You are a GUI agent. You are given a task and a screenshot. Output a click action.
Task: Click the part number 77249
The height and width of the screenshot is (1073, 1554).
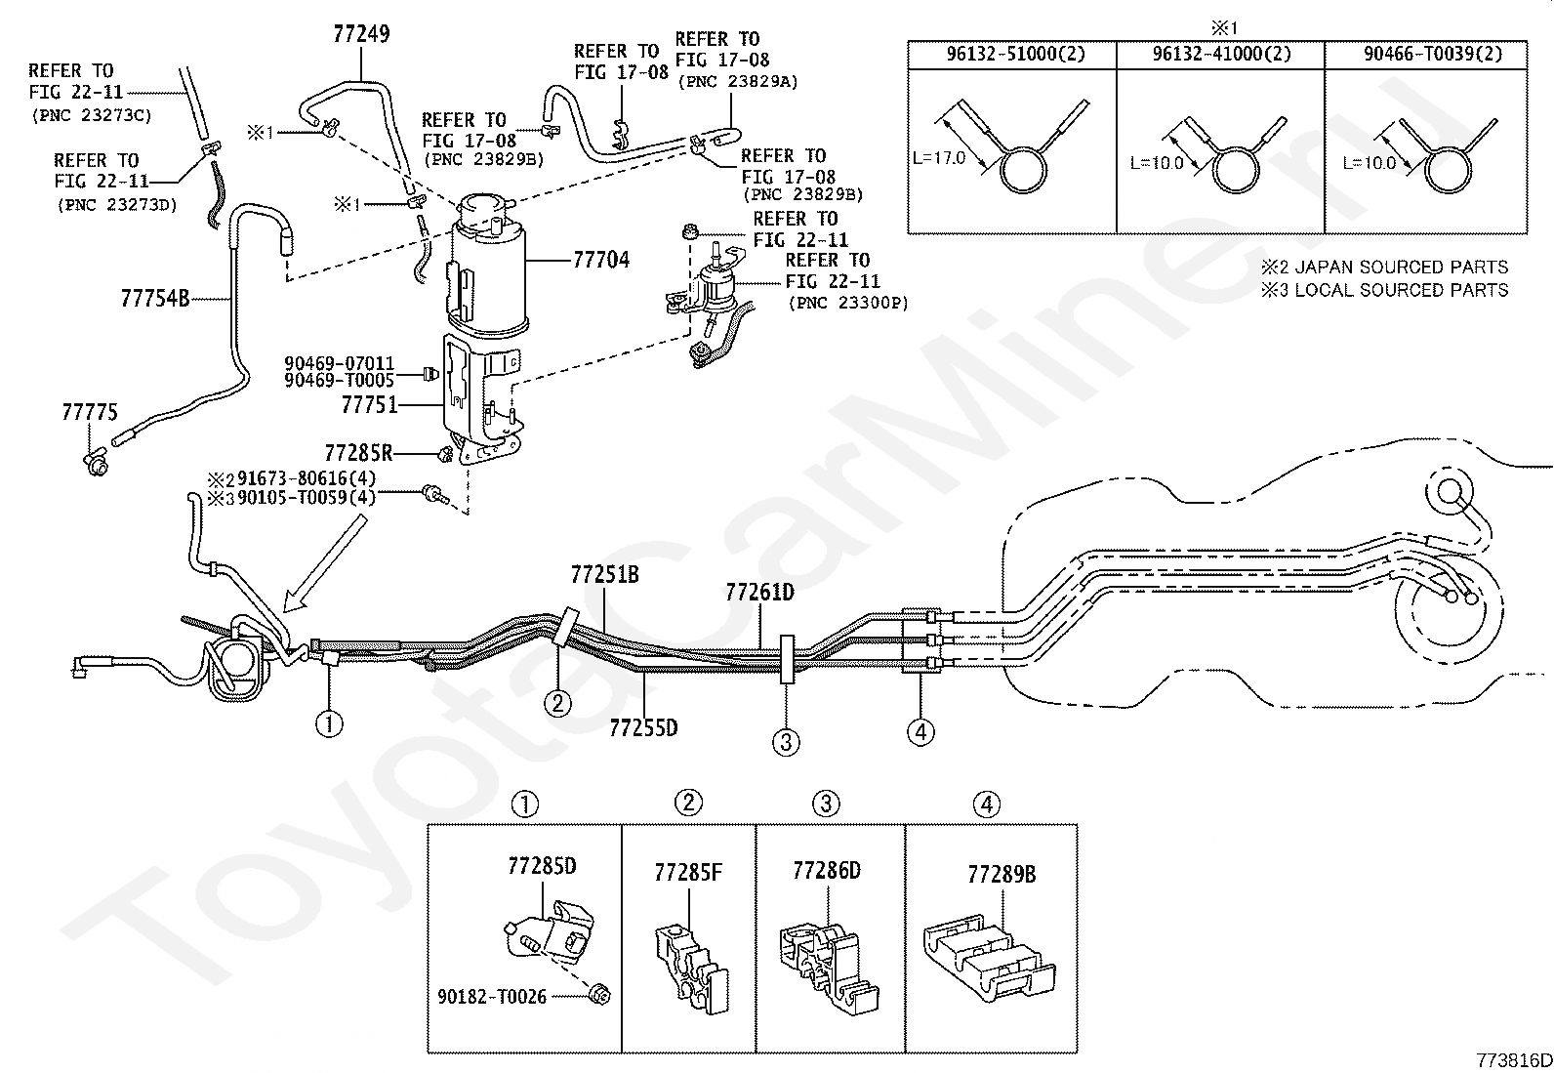(x=361, y=34)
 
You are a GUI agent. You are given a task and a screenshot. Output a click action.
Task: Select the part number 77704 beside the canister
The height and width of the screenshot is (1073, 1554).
(x=601, y=261)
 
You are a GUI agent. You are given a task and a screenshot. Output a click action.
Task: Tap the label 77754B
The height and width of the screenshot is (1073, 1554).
(x=154, y=299)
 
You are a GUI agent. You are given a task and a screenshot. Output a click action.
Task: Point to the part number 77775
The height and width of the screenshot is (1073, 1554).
(x=90, y=412)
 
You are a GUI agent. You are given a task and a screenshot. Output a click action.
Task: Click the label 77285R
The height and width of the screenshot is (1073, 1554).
(x=358, y=453)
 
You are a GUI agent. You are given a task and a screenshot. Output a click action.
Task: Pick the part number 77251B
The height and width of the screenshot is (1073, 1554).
(x=605, y=575)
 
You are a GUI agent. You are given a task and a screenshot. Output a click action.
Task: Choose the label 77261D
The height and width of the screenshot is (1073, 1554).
(x=760, y=593)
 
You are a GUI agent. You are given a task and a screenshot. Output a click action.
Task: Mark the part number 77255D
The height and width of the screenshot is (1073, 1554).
(x=644, y=728)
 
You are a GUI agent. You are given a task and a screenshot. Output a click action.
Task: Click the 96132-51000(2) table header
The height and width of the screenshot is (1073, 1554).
(x=1015, y=54)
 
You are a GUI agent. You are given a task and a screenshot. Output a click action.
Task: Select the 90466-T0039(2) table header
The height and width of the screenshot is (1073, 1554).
(x=1433, y=54)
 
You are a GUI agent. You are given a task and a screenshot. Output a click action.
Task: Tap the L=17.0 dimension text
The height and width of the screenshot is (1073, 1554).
(x=939, y=158)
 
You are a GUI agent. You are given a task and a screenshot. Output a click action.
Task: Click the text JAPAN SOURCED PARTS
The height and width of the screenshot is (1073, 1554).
(x=1402, y=268)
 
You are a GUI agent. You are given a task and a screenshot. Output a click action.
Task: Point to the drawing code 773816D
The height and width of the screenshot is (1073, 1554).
(x=1514, y=1060)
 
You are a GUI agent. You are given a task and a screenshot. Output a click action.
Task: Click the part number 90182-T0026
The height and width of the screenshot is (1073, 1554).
(x=492, y=997)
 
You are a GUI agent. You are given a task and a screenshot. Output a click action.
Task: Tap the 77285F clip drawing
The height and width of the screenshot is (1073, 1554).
(x=691, y=969)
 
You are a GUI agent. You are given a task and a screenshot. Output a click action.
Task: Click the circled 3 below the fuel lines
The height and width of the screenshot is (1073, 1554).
(x=786, y=743)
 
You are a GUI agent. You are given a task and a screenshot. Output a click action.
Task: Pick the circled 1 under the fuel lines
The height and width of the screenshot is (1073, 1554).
(x=329, y=724)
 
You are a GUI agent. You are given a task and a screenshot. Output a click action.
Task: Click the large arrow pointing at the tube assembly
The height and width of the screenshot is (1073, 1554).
(x=325, y=564)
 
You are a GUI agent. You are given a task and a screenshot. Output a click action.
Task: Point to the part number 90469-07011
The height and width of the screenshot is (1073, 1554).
(x=340, y=363)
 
